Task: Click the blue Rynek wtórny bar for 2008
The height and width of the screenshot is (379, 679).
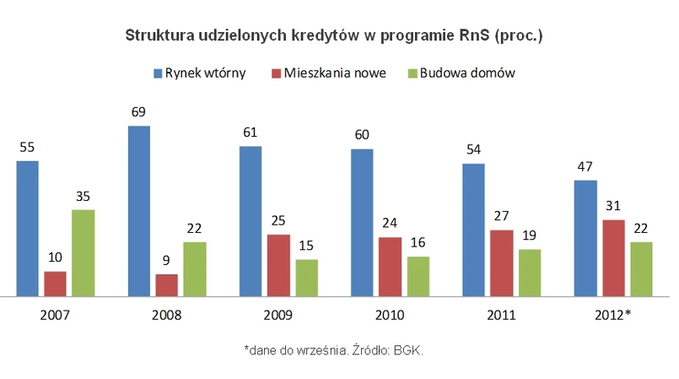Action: (x=139, y=211)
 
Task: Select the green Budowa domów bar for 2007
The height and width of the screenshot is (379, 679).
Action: (x=83, y=253)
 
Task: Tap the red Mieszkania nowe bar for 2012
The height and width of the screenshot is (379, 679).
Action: (x=613, y=258)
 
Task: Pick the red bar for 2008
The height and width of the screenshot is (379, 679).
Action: (x=167, y=285)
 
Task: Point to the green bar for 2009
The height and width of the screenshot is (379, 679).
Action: (x=307, y=278)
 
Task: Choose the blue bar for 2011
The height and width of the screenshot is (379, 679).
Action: (x=474, y=230)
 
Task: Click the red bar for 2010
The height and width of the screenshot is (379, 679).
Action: (x=391, y=267)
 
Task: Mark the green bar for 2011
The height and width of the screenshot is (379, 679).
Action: (x=530, y=273)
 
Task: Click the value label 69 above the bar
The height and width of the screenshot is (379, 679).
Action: (x=139, y=111)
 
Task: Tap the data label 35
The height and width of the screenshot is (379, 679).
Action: (x=83, y=196)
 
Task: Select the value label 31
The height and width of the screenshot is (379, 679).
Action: (x=613, y=206)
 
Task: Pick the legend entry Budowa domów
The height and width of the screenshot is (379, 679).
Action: (x=468, y=73)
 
